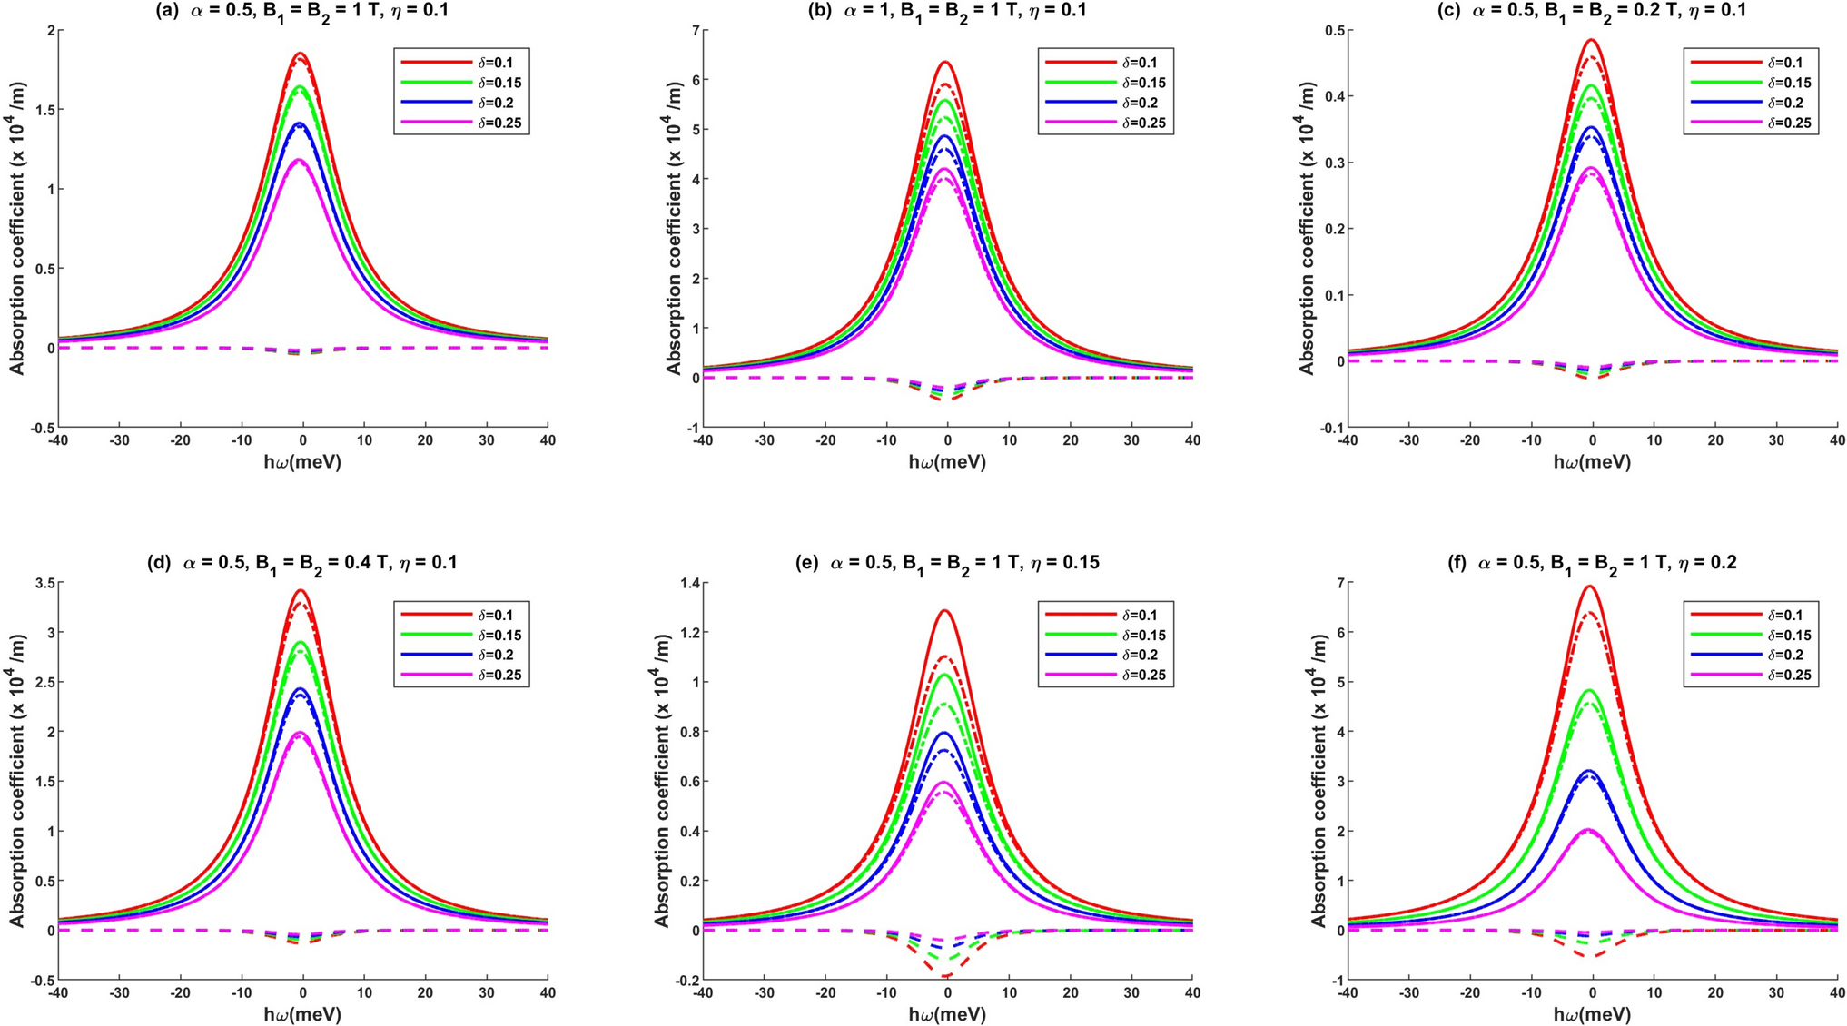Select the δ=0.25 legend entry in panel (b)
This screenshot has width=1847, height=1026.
(x=1108, y=123)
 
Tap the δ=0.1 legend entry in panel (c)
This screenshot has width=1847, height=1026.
(x=1752, y=64)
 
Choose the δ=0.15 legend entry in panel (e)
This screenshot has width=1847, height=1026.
(x=1108, y=636)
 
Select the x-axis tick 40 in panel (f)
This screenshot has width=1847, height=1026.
(x=1836, y=993)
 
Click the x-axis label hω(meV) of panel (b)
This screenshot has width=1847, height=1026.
(x=947, y=462)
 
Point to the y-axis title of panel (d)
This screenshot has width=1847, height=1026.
(x=17, y=781)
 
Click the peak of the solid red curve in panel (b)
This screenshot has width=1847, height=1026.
(x=945, y=62)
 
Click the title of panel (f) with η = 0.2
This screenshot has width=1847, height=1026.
(x=1591, y=563)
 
